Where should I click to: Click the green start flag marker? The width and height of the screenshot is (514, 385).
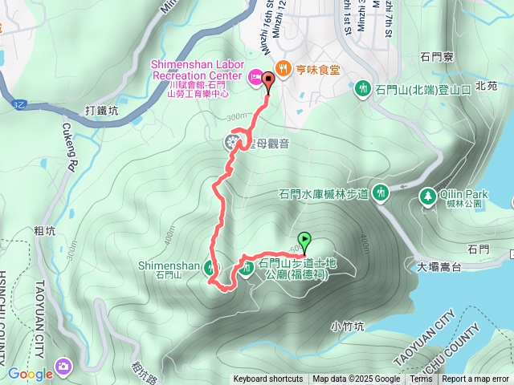pos(305,239)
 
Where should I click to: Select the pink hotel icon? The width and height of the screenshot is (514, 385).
pos(255,77)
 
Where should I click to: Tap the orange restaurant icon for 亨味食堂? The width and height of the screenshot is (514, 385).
pos(282,68)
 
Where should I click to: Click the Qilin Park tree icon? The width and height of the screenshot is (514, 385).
pos(427,195)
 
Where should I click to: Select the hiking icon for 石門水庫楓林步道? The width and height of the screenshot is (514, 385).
pos(380,192)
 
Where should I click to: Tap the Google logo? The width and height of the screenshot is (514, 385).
pos(31,373)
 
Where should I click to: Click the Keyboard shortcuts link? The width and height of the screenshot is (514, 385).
pos(268,379)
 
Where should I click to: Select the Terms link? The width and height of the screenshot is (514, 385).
pos(421,379)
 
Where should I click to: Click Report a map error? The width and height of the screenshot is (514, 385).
pos(475,379)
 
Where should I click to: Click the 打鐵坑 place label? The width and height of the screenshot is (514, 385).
pos(101,112)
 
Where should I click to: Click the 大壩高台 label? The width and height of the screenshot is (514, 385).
pos(433,266)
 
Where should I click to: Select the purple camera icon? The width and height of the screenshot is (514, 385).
pos(63,367)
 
